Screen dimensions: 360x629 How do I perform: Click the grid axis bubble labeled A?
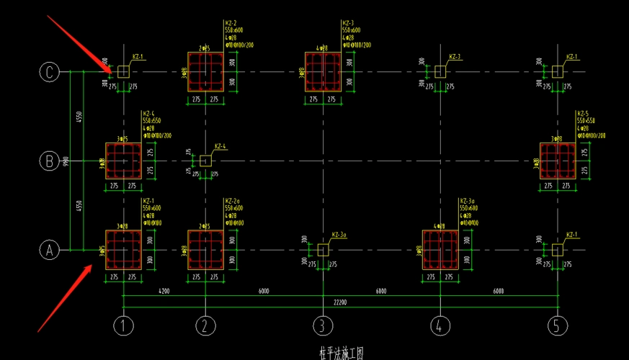click(49, 250)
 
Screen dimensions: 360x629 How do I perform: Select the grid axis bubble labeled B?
click(49, 161)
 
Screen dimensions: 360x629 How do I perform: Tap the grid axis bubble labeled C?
click(49, 71)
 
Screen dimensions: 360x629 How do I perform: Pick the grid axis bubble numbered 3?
click(323, 326)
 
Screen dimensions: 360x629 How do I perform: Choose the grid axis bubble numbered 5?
click(556, 326)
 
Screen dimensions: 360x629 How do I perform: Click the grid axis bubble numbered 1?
click(123, 326)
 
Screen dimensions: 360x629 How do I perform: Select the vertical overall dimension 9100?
click(66, 161)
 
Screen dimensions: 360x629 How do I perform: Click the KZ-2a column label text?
click(232, 201)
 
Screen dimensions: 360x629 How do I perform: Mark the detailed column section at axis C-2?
click(205, 71)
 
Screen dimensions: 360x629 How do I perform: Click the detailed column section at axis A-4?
click(440, 250)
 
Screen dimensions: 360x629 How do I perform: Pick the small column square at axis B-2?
click(205, 161)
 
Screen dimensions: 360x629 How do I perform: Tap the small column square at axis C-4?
click(440, 71)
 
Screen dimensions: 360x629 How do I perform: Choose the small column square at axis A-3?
click(323, 250)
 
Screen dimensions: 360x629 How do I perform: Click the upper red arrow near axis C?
click(79, 43)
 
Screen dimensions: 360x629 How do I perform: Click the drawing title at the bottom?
click(341, 354)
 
